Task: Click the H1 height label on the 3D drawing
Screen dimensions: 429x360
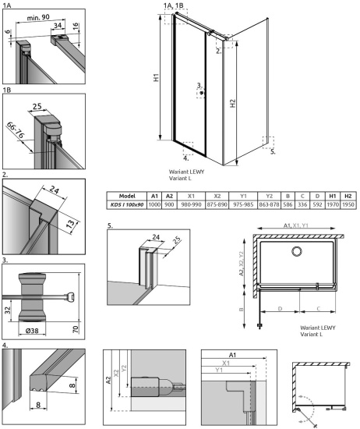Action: [157, 79]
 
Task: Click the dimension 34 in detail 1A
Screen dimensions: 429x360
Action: [58, 25]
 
